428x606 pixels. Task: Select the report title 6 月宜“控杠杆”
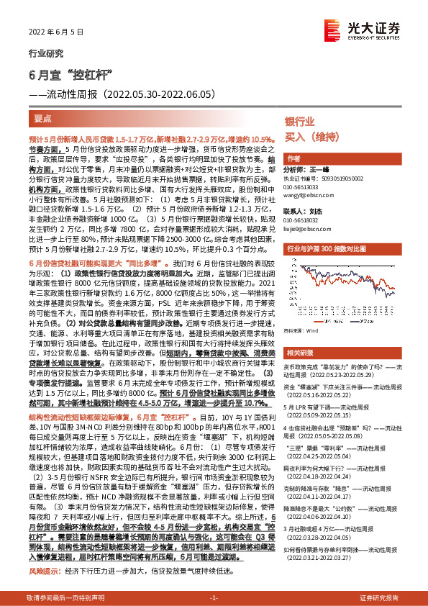68,76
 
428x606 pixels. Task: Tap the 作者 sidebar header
293,158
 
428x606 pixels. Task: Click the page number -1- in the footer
213,597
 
